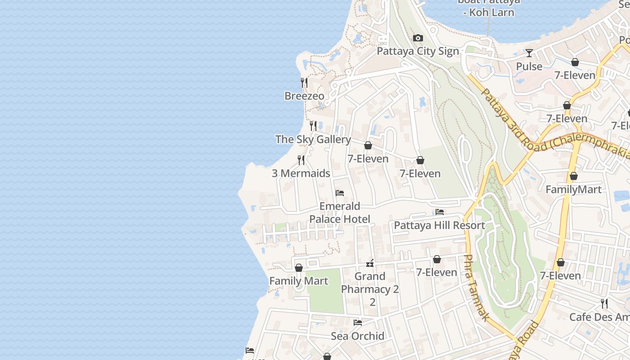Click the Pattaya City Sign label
point(418,51)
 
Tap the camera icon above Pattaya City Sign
point(418,38)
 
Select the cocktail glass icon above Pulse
point(529,53)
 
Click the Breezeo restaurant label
point(304,96)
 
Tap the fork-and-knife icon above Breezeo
point(304,83)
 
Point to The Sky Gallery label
point(313,139)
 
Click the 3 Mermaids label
point(301,173)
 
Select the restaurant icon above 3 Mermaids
point(301,160)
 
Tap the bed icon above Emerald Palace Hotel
point(340,193)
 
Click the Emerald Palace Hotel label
point(340,213)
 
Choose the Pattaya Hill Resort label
point(439,225)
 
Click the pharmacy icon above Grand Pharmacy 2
point(370,263)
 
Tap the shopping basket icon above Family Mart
point(298,268)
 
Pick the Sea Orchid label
point(357,336)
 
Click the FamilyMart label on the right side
point(573,189)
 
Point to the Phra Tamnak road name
point(476,288)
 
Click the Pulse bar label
point(529,67)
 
